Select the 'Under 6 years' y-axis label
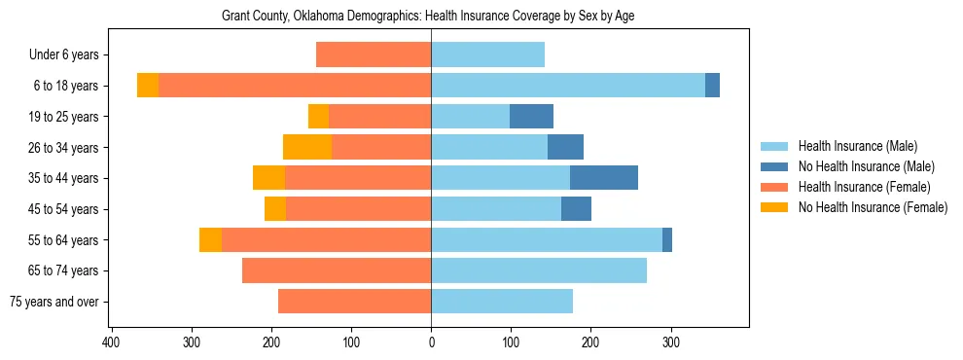(69, 55)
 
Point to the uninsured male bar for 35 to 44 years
(604, 178)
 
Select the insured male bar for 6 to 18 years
(568, 86)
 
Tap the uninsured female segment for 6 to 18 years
(148, 86)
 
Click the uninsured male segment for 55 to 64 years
(667, 239)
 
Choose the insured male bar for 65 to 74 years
(539, 270)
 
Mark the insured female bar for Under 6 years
(374, 55)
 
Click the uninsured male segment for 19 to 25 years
(531, 117)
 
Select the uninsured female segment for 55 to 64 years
(210, 239)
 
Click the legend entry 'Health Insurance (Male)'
(857, 146)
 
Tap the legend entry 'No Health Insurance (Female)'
(873, 207)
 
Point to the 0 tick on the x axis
(431, 342)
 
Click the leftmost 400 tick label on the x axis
(112, 342)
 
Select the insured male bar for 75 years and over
(502, 302)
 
